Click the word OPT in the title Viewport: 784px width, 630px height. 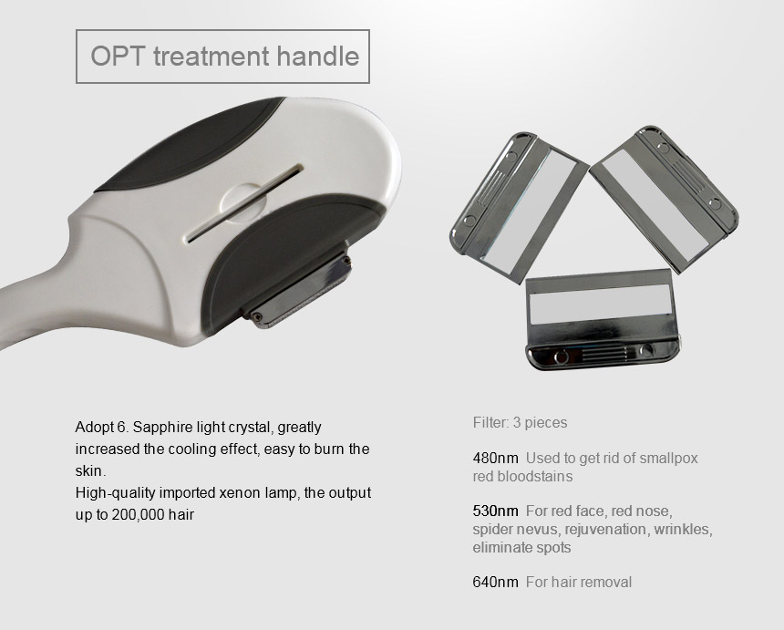[x=118, y=56]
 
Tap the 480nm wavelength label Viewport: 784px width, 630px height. [x=496, y=458]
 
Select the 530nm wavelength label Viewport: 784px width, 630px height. [x=496, y=511]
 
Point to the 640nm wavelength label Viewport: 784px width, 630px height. [x=496, y=582]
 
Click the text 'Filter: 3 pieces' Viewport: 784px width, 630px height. [x=520, y=423]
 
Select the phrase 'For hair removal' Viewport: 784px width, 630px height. [x=579, y=582]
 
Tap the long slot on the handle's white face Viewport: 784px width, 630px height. [x=245, y=203]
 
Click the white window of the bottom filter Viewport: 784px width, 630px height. [x=600, y=304]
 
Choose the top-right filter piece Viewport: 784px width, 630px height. [x=665, y=199]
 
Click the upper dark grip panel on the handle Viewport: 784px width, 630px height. [x=190, y=146]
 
